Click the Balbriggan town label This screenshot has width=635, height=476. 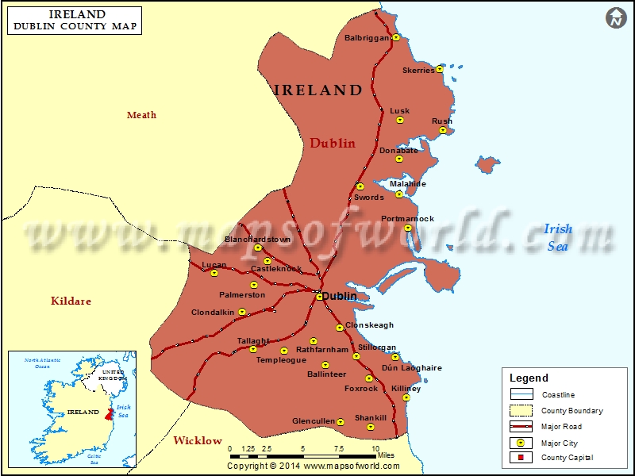pos(367,38)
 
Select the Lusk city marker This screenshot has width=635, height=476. pos(400,121)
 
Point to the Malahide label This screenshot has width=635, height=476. pos(408,184)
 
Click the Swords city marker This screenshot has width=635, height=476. pos(360,187)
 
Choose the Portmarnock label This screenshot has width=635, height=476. pos(408,218)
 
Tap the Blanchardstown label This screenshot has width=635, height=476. pos(257,239)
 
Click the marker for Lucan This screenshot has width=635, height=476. pos(214,274)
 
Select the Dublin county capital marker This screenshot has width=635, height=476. pos(320,297)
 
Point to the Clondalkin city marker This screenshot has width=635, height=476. pos(242,312)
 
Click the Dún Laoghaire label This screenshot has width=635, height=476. pos(412,368)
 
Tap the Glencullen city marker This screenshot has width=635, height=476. pos(341,422)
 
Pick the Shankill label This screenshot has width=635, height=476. pos(371,417)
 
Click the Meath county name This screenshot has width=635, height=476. pos(142,115)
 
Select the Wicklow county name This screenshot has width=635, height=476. pos(198,440)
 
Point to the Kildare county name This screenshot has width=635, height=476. pos(71,301)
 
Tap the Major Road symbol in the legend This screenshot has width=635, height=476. pos(521,427)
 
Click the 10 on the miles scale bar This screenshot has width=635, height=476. pos(375,448)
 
